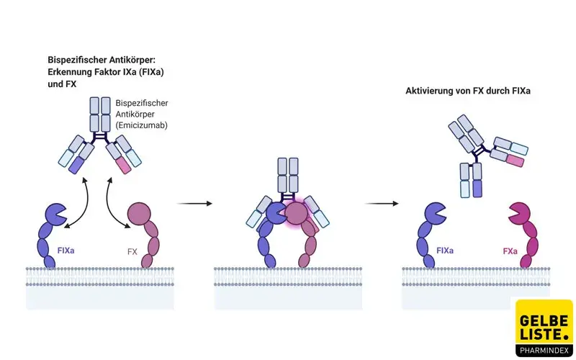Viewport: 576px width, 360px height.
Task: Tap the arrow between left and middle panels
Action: pyautogui.click(x=194, y=204)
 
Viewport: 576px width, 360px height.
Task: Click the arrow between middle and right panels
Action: pyautogui.click(x=382, y=204)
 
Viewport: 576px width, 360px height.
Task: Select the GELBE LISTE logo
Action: pyautogui.click(x=544, y=328)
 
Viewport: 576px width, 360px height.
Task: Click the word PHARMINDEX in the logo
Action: pyautogui.click(x=544, y=351)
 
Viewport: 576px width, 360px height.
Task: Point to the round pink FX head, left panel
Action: pyautogui.click(x=140, y=215)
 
